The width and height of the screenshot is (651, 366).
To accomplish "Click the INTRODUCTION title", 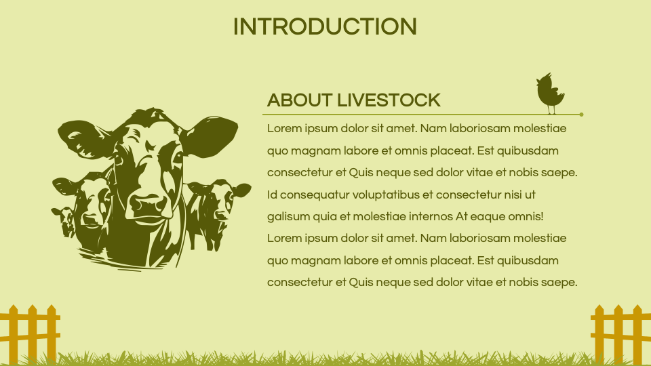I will [324, 26].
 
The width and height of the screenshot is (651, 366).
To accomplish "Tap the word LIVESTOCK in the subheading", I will [389, 101].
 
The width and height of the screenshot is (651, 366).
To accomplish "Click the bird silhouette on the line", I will [550, 93].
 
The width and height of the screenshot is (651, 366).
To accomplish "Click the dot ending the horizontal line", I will [581, 115].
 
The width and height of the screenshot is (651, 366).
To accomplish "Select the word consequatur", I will [313, 195].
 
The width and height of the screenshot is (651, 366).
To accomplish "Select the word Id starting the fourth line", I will [272, 195].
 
